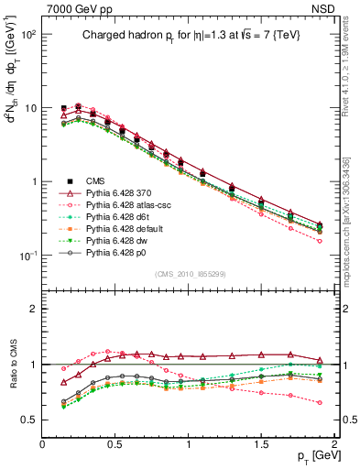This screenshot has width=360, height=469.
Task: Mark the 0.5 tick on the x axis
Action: [115, 443]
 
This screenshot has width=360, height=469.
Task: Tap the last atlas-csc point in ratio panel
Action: [320, 402]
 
